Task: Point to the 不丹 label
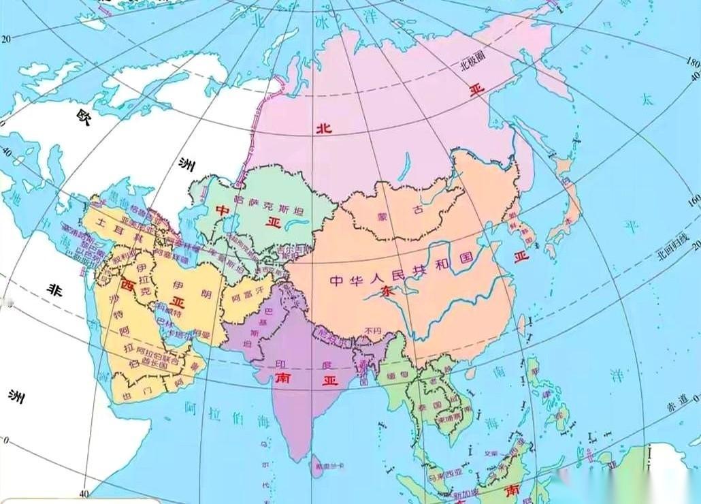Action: point(372,331)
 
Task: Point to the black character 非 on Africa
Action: point(53,289)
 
